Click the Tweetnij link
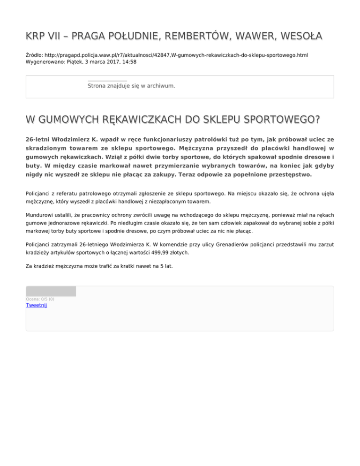coord(36,305)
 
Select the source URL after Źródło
coord(175,55)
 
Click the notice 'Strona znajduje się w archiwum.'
coord(131,86)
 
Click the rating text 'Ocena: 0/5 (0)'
coord(40,299)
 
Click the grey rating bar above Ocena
coord(51,291)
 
